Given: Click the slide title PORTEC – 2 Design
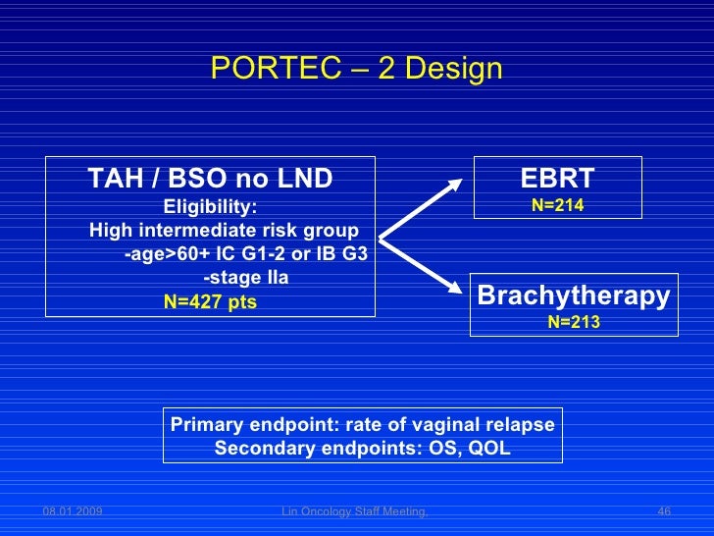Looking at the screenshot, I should tap(356, 70).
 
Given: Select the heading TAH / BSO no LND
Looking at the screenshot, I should tap(210, 180).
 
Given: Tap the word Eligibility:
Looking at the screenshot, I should tap(210, 207).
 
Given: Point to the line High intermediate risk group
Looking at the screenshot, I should tap(224, 231).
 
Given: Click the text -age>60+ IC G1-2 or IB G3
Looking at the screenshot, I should tap(246, 254).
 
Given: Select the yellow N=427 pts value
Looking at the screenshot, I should tap(210, 301).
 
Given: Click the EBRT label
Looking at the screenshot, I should tap(557, 179).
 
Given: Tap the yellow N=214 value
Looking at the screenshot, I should tap(557, 205).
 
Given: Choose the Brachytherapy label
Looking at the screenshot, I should tap(574, 295).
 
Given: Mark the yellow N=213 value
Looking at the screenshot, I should tap(574, 322).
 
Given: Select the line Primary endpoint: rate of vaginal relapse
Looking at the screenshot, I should tap(362, 424).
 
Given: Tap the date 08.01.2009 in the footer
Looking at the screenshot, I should tap(73, 511).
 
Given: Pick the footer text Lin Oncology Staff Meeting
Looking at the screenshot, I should tap(354, 511).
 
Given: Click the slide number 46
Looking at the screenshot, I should tap(663, 511).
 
